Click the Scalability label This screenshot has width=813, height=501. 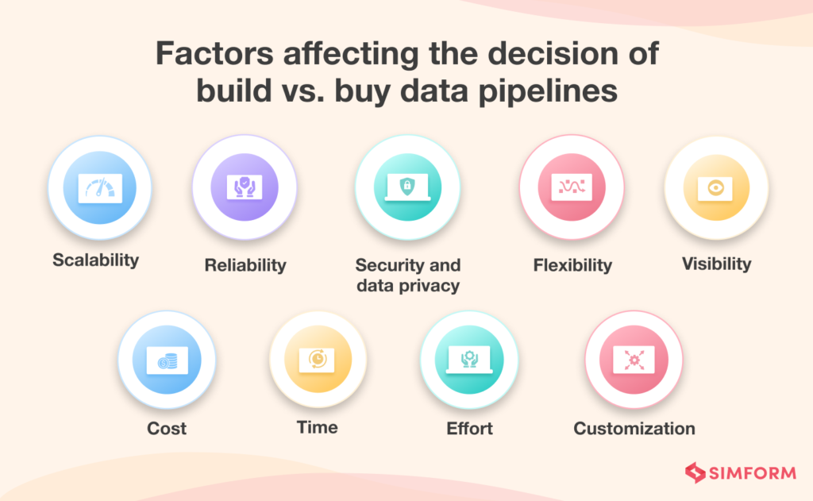[x=96, y=260]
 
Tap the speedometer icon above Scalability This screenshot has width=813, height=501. [x=100, y=187]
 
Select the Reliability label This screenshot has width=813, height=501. [x=245, y=265]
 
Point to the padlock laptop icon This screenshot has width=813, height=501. [x=406, y=187]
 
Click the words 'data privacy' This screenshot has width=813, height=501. [x=408, y=286]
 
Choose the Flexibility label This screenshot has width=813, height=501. [x=572, y=265]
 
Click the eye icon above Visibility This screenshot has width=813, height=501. [x=716, y=187]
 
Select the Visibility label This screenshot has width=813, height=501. [x=716, y=264]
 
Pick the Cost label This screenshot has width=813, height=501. [x=167, y=429]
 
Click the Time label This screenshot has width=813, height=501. [x=318, y=427]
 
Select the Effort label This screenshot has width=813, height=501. [x=469, y=429]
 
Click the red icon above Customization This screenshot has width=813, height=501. [x=634, y=360]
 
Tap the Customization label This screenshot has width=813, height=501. [x=634, y=429]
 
